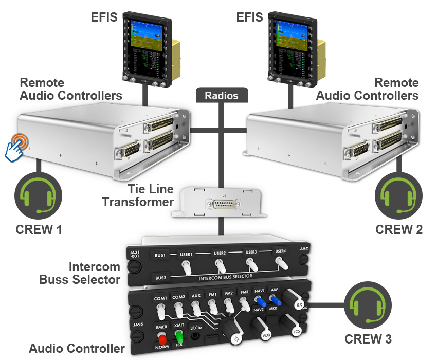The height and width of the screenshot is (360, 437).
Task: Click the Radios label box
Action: (x=222, y=96)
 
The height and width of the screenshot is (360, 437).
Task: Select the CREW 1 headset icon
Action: (x=39, y=195)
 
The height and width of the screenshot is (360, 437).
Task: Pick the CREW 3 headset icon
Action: (x=368, y=308)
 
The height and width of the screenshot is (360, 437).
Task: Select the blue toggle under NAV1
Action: (x=260, y=301)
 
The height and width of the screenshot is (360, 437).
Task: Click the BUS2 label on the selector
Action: (x=160, y=278)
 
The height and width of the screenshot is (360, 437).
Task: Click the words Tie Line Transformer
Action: (x=137, y=195)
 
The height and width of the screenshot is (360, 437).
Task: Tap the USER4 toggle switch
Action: (x=281, y=263)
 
